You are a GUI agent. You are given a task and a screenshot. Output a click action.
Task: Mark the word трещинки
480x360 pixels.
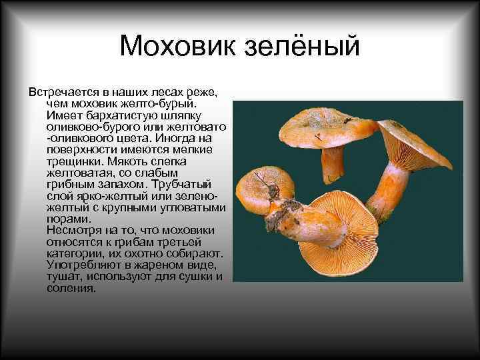[x=75, y=161]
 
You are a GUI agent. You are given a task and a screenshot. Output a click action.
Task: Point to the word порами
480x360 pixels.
[x=68, y=219]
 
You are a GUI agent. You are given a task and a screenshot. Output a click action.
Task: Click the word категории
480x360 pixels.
[x=75, y=253]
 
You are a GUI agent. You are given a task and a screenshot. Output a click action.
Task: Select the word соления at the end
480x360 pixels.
[x=71, y=289]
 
